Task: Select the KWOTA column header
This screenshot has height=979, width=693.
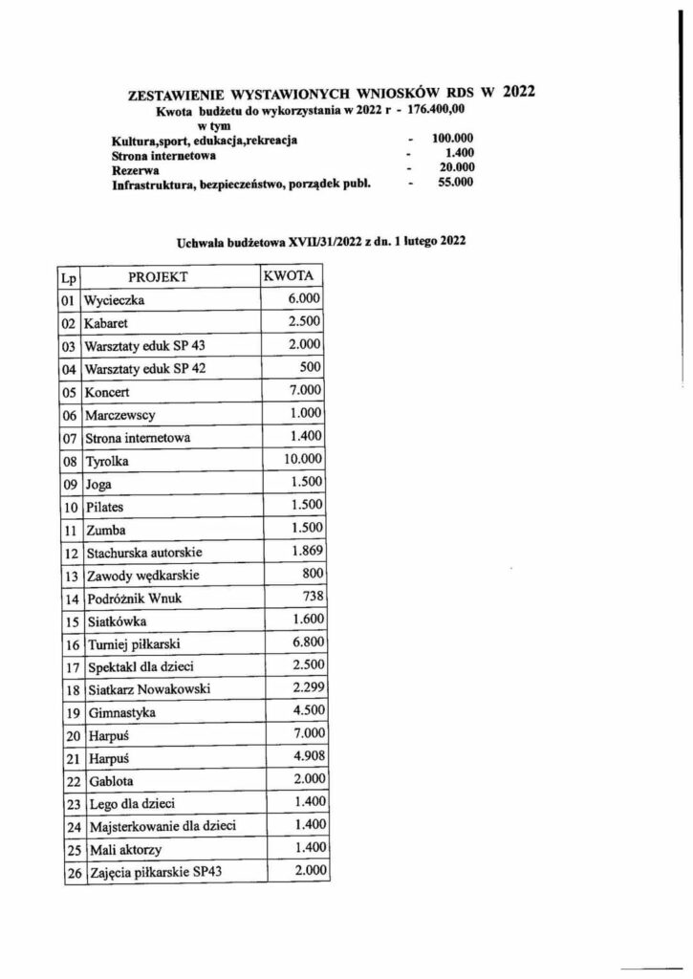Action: coord(292,276)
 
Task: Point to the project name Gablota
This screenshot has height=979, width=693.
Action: coord(109,783)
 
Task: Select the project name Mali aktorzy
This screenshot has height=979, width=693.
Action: coord(120,852)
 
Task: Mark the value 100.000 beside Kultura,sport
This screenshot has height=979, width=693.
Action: coord(452,139)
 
